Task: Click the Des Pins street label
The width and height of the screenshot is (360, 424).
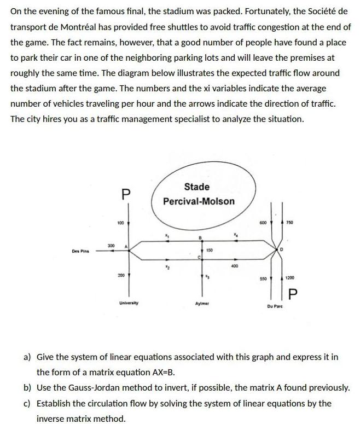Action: click(80, 252)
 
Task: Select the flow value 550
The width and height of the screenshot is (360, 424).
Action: click(264, 278)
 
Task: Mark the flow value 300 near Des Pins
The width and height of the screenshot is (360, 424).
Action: click(110, 246)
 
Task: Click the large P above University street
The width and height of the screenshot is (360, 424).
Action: click(126, 194)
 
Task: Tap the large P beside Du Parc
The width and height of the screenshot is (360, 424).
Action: click(292, 295)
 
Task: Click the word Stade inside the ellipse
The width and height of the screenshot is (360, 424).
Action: click(197, 187)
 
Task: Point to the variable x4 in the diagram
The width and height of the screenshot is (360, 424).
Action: click(236, 235)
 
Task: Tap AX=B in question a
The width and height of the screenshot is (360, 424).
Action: click(161, 372)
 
